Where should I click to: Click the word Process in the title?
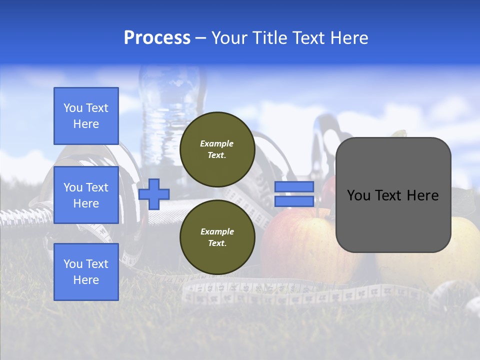pos(157,37)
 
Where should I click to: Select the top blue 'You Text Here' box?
pos(86,116)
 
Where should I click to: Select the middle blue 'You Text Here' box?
pos(86,195)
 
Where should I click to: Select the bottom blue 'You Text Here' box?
pos(86,271)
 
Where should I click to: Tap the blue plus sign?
pos(154,194)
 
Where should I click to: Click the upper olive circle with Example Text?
pos(217,149)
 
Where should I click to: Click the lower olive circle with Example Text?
pos(217,237)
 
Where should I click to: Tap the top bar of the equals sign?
pos(294,186)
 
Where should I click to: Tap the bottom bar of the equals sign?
pos(294,201)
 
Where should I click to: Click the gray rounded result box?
pos(393,220)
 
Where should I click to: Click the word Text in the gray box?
pos(393,195)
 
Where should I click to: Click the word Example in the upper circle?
pos(217,143)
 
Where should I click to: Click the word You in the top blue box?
pos(72,108)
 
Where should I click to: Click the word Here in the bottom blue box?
pos(86,280)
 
